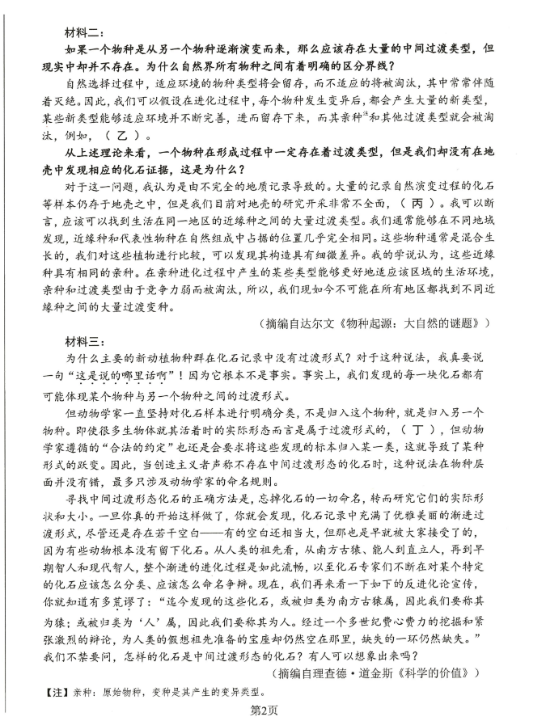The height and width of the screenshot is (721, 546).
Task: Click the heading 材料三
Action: [x=84, y=339]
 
